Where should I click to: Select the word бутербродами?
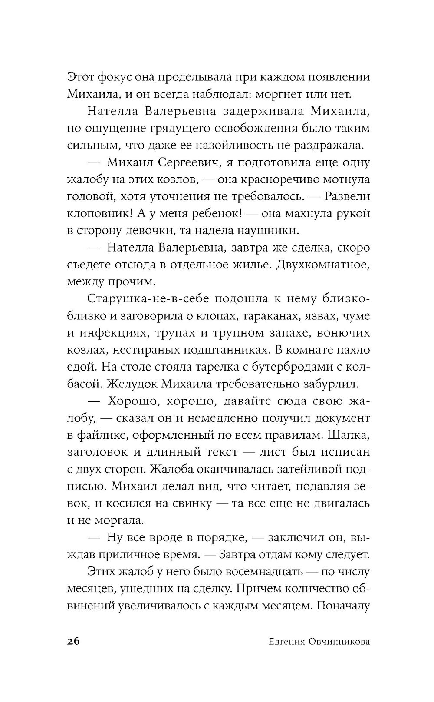(291, 367)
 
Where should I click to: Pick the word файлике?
(100, 435)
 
